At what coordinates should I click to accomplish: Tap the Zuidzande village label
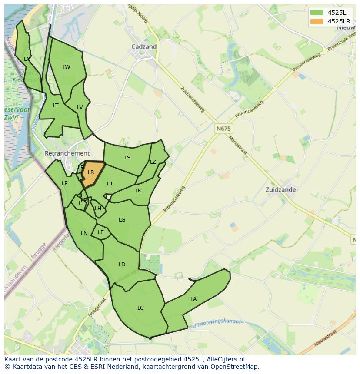(x=281, y=190)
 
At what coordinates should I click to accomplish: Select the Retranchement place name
(x=67, y=153)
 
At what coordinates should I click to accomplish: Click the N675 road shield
(x=224, y=129)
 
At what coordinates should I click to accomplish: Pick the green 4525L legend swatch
(x=316, y=12)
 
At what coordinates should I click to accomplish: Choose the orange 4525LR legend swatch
(x=316, y=21)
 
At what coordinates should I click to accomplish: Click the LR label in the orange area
(x=91, y=172)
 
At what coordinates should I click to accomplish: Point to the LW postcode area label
(x=66, y=67)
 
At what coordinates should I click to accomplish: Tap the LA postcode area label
(x=193, y=299)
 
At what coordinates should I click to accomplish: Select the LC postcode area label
(x=140, y=308)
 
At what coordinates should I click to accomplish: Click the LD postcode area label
(x=122, y=265)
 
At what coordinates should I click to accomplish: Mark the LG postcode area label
(x=122, y=220)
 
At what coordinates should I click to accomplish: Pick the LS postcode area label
(x=127, y=158)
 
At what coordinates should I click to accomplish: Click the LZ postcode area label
(x=153, y=162)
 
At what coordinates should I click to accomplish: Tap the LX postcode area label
(x=27, y=59)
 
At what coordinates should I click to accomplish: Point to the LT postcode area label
(x=56, y=106)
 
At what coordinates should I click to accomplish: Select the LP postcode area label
(x=64, y=183)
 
